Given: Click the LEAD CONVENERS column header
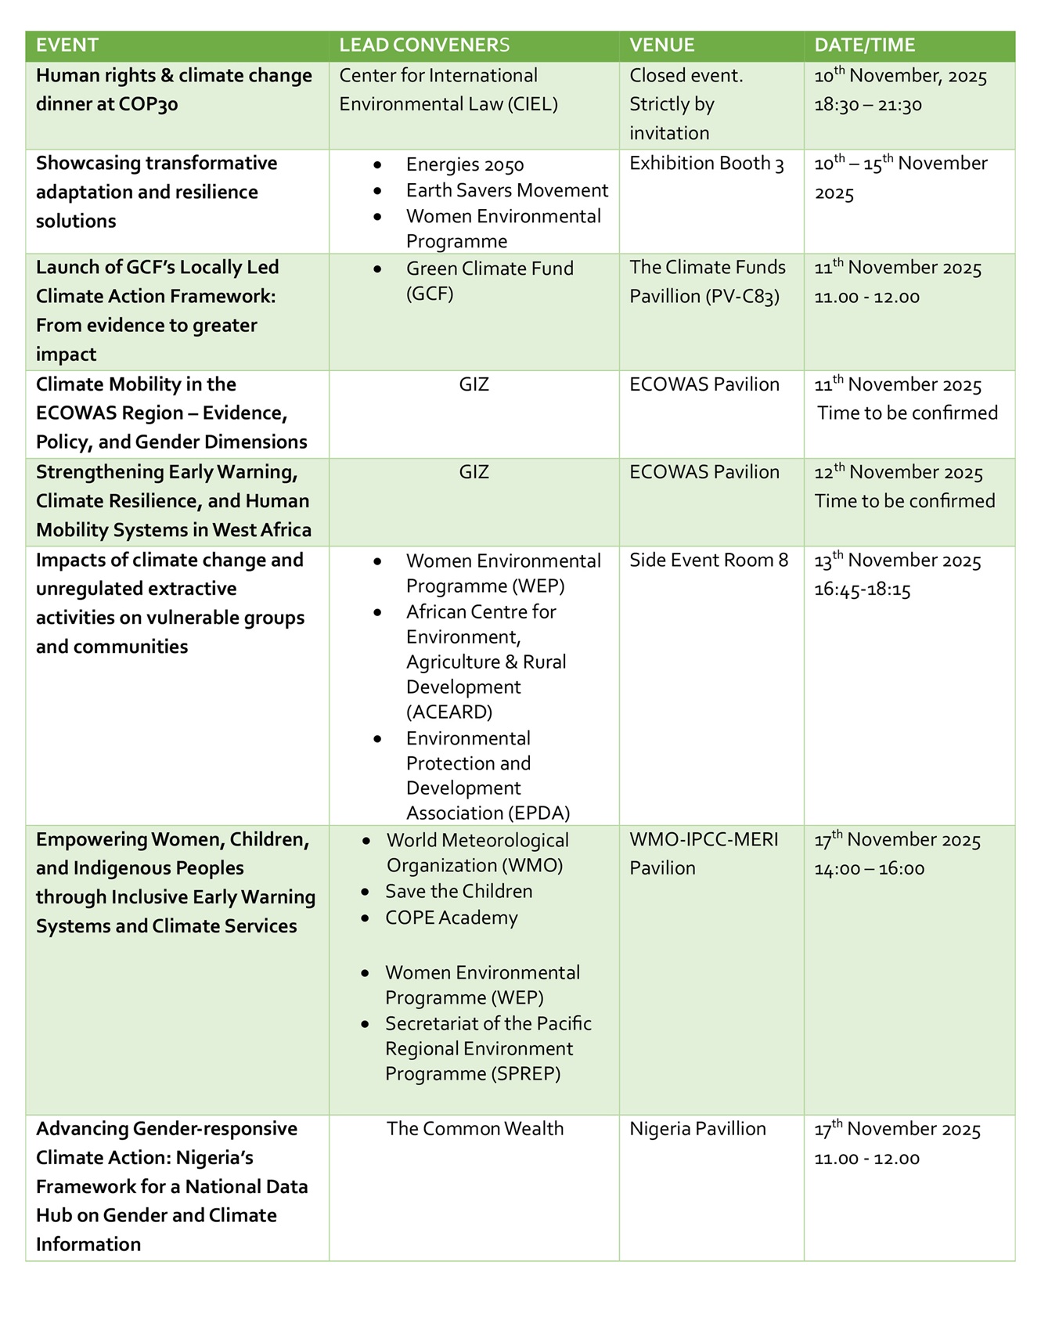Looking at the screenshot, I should pos(423,45).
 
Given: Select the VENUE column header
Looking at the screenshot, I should pos(661,45).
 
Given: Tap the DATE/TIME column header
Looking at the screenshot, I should pos(864,45).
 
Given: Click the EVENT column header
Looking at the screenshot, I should pos(67,45).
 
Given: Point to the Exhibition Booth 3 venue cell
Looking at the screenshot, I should pos(706,164).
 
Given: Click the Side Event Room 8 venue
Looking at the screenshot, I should pos(708,560).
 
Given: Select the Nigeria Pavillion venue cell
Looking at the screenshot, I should pos(697,1128).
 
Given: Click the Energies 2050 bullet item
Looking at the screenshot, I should pos(465,164).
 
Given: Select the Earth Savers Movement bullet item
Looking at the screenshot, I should pos(506,190).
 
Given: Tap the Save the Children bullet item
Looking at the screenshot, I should pos(459,891).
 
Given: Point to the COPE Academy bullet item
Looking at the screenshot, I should pos(451,918).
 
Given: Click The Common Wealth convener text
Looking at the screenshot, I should pos(474,1128).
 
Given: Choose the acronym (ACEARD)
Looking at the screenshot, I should pos(449,712).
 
